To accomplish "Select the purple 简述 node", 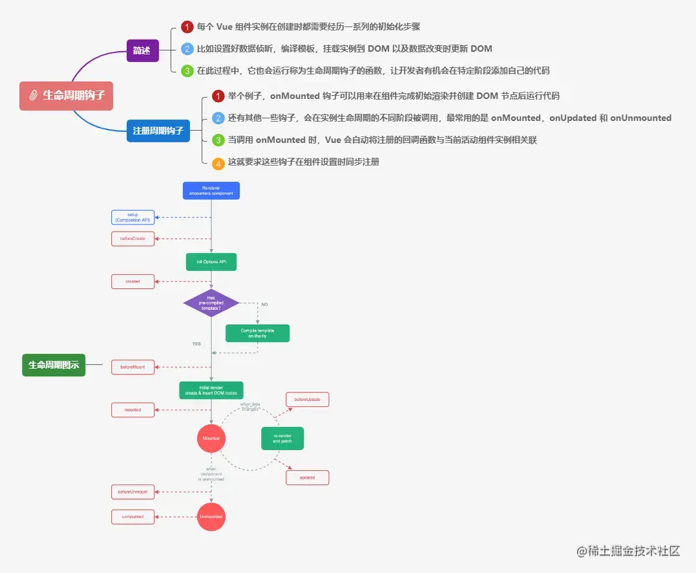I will [142, 50].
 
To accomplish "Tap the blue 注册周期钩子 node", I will [158, 130].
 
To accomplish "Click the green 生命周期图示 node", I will [54, 365].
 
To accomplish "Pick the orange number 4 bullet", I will [218, 163].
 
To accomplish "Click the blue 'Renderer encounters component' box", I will [211, 190].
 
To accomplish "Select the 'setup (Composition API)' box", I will [133, 217].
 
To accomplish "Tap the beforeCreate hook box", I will [133, 239].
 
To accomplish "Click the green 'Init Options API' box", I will [211, 262].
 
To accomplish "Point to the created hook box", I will [133, 281].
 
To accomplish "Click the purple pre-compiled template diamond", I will [211, 303].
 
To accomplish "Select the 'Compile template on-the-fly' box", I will [257, 333].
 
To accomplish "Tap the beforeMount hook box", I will [133, 367].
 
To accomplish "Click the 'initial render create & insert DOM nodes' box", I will [211, 390].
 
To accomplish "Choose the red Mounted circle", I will [211, 438].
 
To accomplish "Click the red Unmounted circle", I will [211, 517].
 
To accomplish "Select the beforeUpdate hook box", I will [307, 400].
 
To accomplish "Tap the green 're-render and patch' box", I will [282, 438].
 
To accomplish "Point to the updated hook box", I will [307, 477].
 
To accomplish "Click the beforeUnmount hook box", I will [133, 492].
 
